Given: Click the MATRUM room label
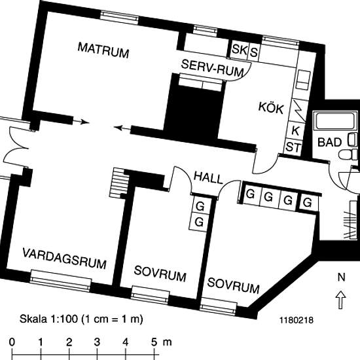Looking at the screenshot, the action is click(x=103, y=50).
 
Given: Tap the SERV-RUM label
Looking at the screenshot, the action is click(x=212, y=69).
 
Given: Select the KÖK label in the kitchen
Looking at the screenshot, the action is click(x=271, y=108).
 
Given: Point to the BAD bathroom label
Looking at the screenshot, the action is click(x=329, y=142).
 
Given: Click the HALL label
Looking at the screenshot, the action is click(x=208, y=177).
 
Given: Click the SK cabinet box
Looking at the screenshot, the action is click(x=240, y=49).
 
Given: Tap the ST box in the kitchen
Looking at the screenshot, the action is click(x=293, y=147).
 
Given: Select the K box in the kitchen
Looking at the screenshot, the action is click(x=295, y=131).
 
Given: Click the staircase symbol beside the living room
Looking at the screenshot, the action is click(x=119, y=183).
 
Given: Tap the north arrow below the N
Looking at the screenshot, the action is click(x=341, y=300).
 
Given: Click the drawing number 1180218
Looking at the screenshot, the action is click(x=297, y=320).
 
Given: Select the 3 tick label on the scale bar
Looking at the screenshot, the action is click(x=97, y=342).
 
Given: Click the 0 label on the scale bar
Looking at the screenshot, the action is click(x=12, y=342).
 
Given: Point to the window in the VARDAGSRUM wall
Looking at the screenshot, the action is click(x=61, y=281).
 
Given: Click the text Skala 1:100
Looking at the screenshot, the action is click(x=48, y=319).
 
